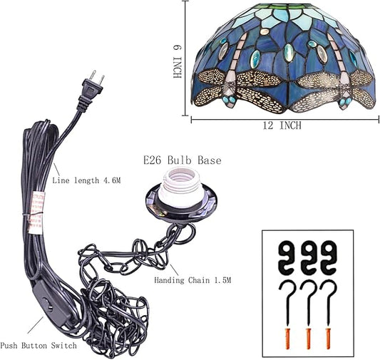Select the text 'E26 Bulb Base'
click(183, 160)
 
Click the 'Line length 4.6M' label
click(86, 180)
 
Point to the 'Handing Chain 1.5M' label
click(192, 280)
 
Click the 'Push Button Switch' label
click(38, 346)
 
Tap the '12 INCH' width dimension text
click(282, 125)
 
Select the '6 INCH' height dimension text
click(178, 61)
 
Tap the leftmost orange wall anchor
click(287, 339)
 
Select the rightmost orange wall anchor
click(329, 339)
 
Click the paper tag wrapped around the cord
click(36, 213)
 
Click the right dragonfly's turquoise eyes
click(345, 101)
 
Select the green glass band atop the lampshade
click(287, 6)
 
